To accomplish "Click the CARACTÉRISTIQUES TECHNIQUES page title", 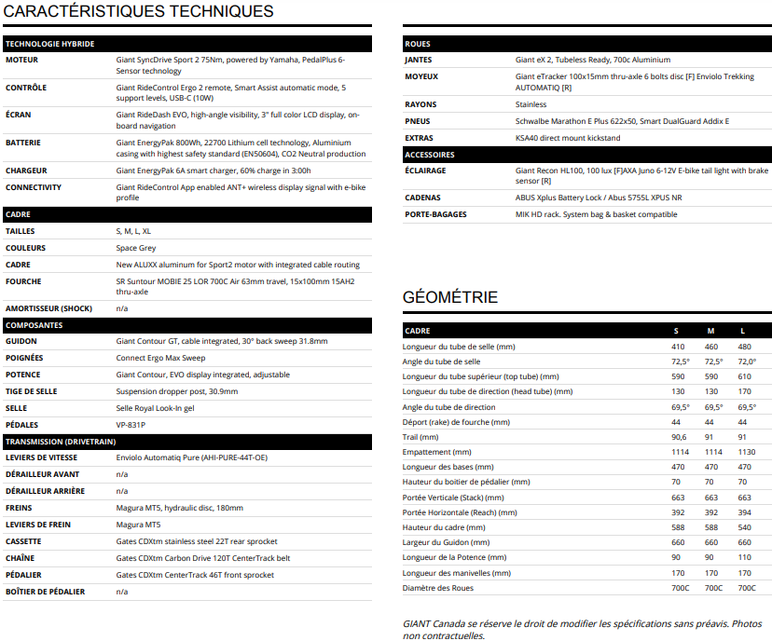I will [x=140, y=12].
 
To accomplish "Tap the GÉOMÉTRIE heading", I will [x=450, y=297].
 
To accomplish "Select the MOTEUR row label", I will [x=22, y=60].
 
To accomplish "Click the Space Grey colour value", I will [x=137, y=248].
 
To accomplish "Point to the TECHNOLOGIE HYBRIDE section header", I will [x=49, y=44].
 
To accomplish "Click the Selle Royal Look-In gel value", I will [x=156, y=408].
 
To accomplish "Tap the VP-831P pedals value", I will [x=131, y=425].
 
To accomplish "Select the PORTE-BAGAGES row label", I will [x=436, y=214].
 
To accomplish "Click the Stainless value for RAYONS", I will [x=531, y=104].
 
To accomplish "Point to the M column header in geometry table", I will [x=710, y=331].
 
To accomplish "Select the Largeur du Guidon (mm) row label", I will [x=446, y=542].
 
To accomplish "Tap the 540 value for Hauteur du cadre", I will [x=744, y=527].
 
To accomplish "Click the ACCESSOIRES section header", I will [x=430, y=155].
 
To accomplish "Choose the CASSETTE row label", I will [x=23, y=541].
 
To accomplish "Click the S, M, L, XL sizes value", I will [x=134, y=231].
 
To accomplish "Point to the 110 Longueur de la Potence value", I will [x=744, y=557].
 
